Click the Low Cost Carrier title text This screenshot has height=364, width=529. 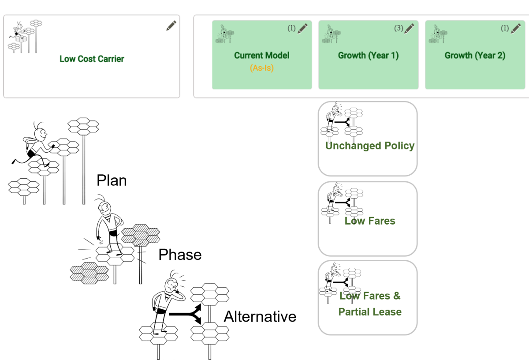[x=92, y=59]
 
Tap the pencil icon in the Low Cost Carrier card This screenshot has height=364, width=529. [x=171, y=26]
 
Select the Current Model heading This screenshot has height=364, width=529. [x=261, y=56]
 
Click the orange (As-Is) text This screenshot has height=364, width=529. [x=261, y=68]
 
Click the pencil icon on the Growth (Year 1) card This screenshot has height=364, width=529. [x=410, y=28]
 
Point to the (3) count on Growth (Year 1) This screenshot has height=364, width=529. [x=398, y=28]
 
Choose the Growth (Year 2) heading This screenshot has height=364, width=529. [x=475, y=56]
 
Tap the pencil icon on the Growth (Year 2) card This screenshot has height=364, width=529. [x=516, y=28]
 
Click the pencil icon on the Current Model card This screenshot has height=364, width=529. [x=302, y=28]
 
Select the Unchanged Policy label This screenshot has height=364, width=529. [x=369, y=146]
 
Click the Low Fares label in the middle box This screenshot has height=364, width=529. [x=369, y=221]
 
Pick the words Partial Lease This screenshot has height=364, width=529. [x=369, y=312]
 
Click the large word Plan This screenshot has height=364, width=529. [x=112, y=180]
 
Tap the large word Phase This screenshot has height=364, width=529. [x=180, y=255]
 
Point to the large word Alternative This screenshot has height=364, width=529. [x=260, y=317]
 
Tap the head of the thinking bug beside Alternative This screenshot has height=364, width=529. [x=171, y=286]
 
